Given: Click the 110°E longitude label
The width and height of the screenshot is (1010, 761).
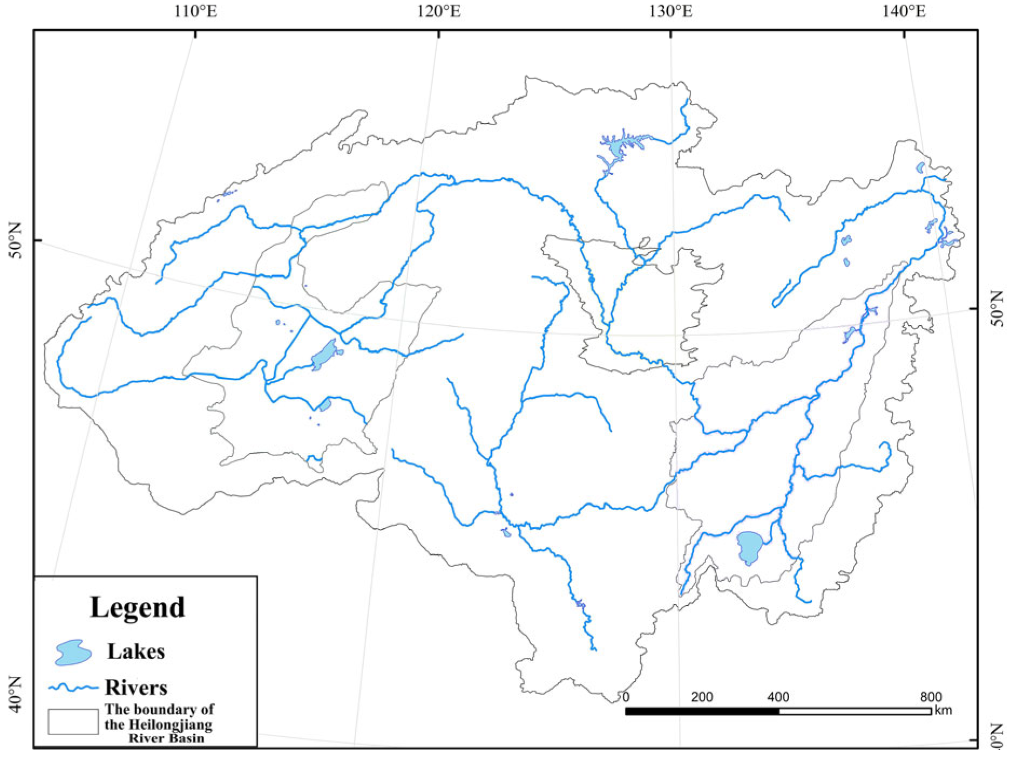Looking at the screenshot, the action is click(x=195, y=11).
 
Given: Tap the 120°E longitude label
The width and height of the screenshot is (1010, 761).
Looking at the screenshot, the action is click(x=439, y=11).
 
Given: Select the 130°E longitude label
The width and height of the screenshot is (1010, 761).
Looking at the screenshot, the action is click(x=670, y=11).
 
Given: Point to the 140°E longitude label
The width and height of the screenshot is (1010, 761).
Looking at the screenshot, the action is click(x=904, y=11).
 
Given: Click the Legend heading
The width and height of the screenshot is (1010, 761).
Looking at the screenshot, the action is click(x=137, y=607).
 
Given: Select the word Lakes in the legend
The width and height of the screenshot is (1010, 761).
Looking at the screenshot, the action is click(x=136, y=651).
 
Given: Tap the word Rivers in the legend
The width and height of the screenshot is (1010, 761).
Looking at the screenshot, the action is click(x=136, y=688).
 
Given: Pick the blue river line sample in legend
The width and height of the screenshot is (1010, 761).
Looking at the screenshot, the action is click(x=73, y=688).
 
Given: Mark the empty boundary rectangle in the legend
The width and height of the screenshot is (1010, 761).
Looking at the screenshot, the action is click(x=73, y=722).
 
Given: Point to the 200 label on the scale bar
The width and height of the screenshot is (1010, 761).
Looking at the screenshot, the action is click(x=702, y=697).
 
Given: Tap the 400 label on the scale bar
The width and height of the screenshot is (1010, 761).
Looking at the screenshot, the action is click(x=778, y=697).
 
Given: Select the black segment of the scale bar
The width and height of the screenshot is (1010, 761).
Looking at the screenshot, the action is click(x=702, y=711).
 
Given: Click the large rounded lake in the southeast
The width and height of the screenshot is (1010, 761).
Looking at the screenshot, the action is click(x=749, y=546).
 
